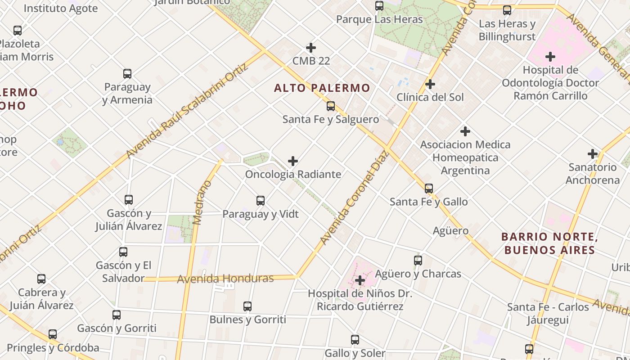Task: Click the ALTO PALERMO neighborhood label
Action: click(322, 88)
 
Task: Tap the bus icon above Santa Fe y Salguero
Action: click(331, 106)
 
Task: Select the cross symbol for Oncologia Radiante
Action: click(293, 161)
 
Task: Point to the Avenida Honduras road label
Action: click(225, 279)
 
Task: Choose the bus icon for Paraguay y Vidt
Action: click(261, 201)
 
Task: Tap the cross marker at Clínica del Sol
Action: click(430, 84)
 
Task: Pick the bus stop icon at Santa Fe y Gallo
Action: click(429, 189)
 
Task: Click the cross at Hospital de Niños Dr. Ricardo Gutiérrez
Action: click(360, 280)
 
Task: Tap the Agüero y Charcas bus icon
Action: click(418, 260)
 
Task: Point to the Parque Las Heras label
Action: click(379, 19)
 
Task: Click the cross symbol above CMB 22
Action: click(311, 48)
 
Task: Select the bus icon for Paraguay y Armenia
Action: click(127, 74)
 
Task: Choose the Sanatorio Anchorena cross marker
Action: click(593, 154)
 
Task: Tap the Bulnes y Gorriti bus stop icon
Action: click(247, 306)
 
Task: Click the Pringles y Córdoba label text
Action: click(53, 348)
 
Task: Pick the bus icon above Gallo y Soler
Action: click(355, 340)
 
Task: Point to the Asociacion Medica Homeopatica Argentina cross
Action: click(465, 131)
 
